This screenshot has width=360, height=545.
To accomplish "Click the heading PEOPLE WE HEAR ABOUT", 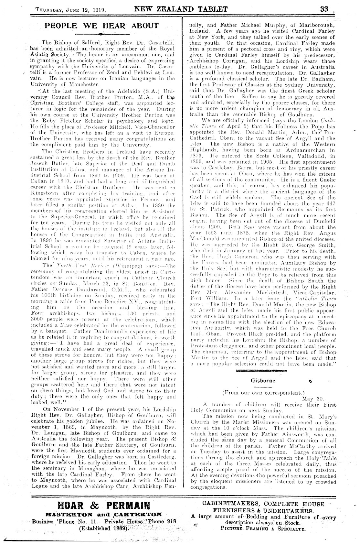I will tap(102, 26).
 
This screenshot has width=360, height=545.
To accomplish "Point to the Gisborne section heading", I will tap(263, 380).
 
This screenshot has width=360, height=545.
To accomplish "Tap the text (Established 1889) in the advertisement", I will tap(103, 529).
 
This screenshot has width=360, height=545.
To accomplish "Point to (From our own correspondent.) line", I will tap(263, 393).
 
